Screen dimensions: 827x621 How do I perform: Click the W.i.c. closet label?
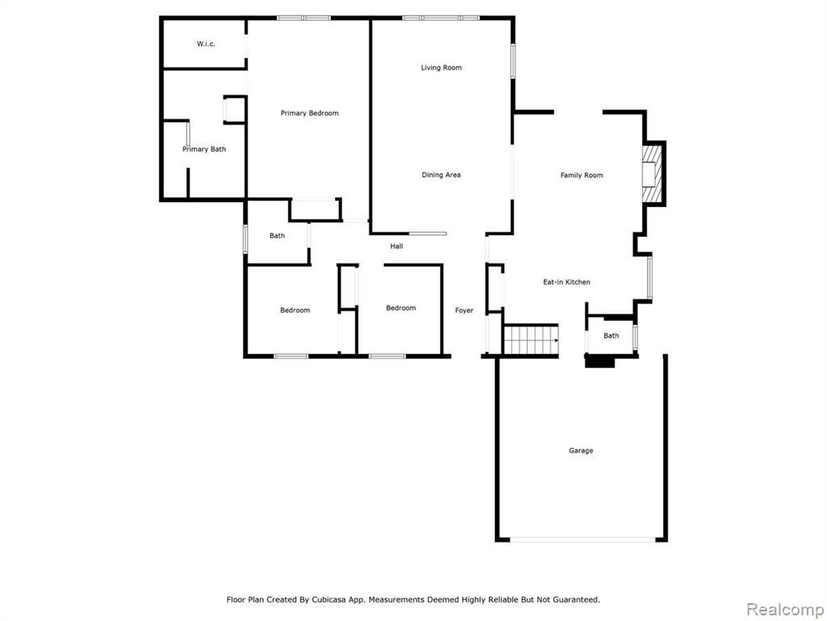coord(206,44)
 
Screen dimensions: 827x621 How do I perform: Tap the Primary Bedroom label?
coord(309,113)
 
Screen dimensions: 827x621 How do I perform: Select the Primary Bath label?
coord(204,150)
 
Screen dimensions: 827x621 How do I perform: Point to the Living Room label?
coord(442,68)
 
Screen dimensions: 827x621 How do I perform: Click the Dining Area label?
coord(441,175)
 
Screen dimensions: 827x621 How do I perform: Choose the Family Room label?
coord(581,175)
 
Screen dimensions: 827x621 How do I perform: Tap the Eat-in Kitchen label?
coord(566,282)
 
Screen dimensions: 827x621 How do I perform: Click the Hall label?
coord(397,246)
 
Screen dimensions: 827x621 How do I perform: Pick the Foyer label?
coord(464,310)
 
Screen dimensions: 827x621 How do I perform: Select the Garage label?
coord(581,450)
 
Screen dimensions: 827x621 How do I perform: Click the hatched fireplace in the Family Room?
coord(652,174)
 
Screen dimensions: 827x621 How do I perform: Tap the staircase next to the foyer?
coord(531,340)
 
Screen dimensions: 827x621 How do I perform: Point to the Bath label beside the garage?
coord(611,336)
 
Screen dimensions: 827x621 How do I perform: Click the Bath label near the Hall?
coord(277,236)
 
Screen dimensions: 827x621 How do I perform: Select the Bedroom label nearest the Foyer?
coord(401,308)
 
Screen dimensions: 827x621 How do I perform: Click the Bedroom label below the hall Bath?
coord(295,310)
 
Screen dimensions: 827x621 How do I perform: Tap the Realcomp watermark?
coord(785,610)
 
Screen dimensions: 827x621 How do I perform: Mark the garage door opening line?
coord(583,539)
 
